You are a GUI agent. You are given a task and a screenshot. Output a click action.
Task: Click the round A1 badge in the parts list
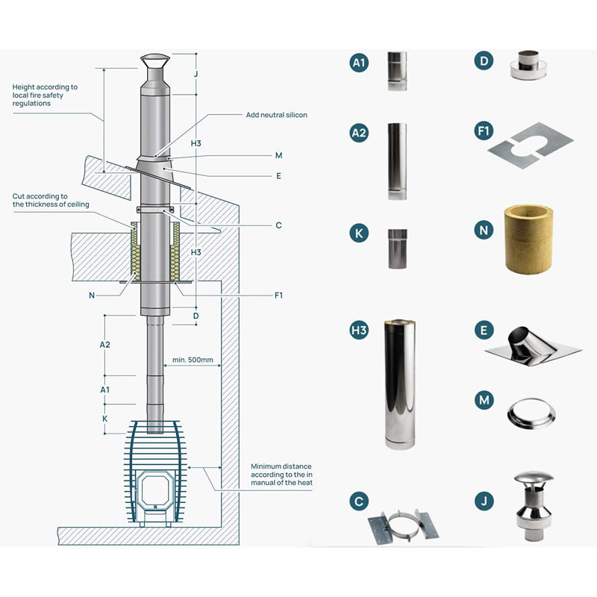(x=360, y=63)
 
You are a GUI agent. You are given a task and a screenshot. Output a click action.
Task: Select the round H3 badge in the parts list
(x=360, y=330)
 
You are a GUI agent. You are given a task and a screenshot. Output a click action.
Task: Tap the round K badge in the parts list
(x=360, y=232)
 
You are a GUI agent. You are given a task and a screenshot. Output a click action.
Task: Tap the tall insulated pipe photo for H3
(x=399, y=384)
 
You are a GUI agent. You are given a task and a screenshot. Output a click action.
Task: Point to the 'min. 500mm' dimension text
(x=193, y=360)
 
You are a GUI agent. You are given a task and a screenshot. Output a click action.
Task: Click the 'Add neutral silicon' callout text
(x=276, y=115)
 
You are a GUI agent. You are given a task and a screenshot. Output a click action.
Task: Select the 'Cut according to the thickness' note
(x=51, y=200)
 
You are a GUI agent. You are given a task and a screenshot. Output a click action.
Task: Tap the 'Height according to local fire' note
(x=45, y=95)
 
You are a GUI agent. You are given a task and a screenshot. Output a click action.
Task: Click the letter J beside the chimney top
(x=195, y=74)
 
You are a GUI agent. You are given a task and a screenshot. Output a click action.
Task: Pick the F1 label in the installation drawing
(x=278, y=296)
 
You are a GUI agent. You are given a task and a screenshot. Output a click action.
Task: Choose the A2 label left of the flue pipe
(x=105, y=345)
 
